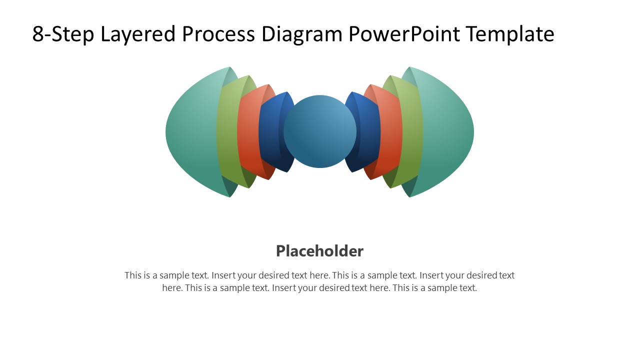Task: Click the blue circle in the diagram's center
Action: click(320, 131)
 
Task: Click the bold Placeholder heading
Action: click(319, 251)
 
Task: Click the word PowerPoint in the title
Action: click(404, 34)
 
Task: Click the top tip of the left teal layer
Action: click(229, 67)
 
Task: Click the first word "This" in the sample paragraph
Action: click(133, 275)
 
